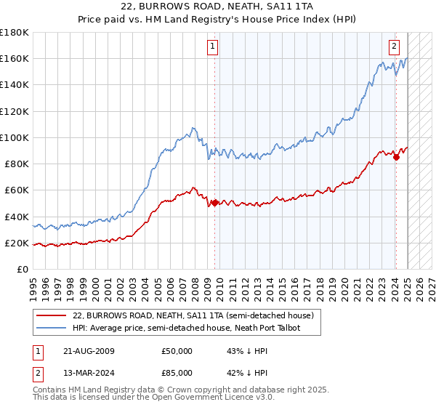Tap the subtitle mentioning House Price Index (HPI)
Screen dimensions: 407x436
[218, 20]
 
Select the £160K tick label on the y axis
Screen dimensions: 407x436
[15, 58]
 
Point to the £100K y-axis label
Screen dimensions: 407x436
[15, 137]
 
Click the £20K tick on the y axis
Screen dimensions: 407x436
[17, 243]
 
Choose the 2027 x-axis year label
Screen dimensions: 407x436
[430, 286]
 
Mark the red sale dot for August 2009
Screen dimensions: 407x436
[215, 203]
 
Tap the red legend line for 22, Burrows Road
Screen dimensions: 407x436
[52, 315]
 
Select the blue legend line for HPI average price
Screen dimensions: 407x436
[52, 329]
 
